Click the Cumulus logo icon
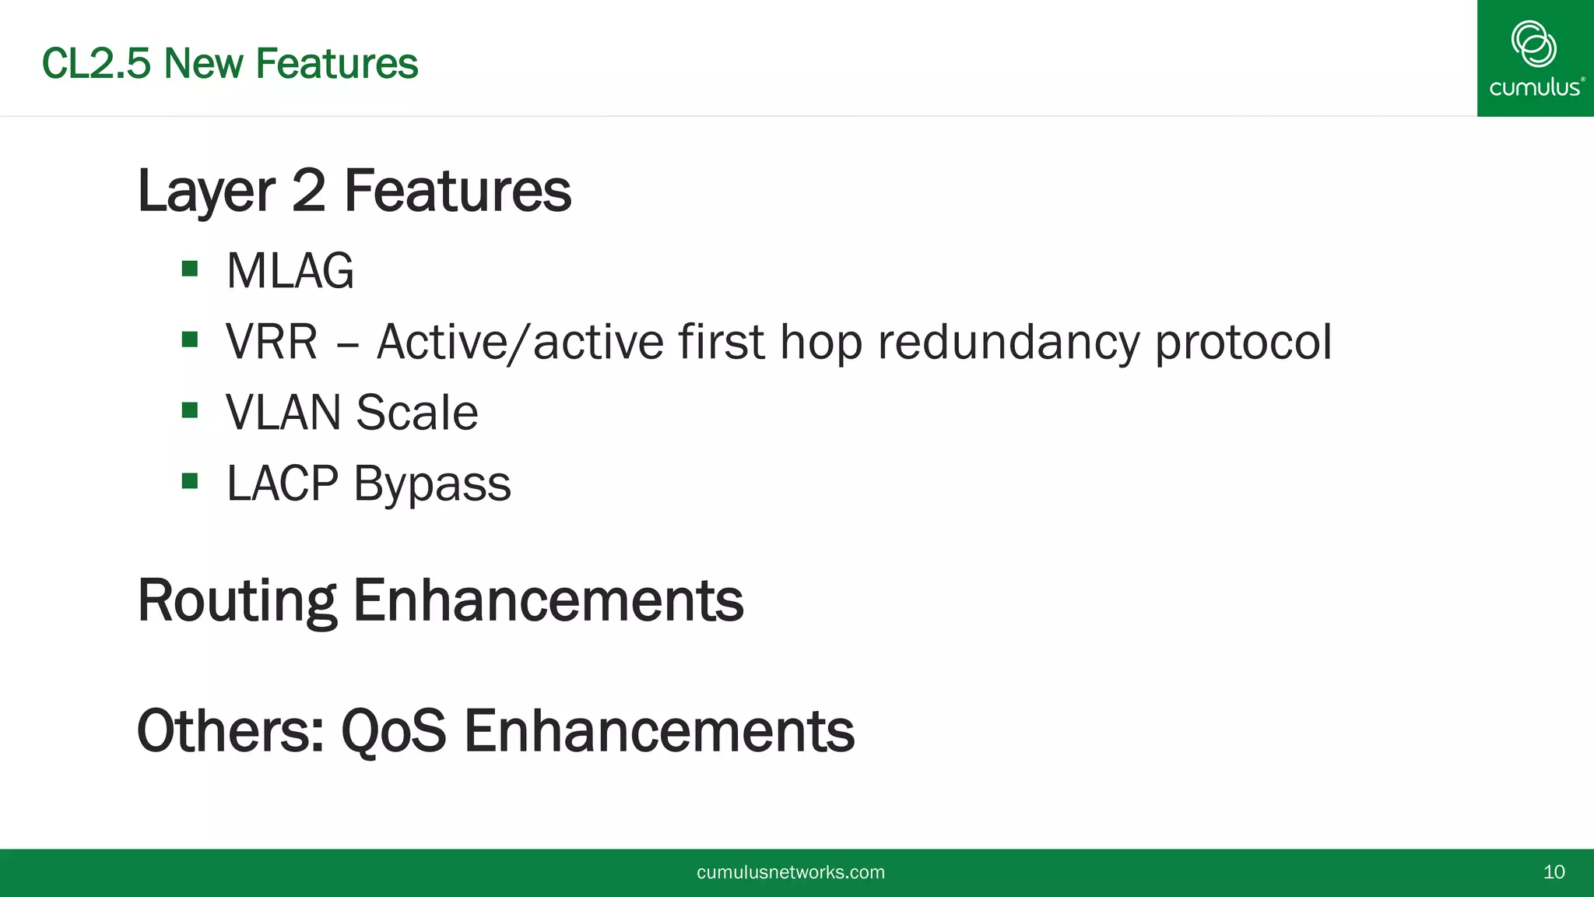tap(1533, 44)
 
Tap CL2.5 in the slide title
tap(96, 64)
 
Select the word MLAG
tap(290, 271)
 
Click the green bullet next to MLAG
tap(189, 269)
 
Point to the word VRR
tap(272, 342)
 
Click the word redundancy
tap(1008, 342)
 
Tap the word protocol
tap(1243, 342)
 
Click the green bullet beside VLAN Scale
tap(189, 410)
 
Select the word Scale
tap(416, 413)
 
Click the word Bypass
tap(432, 484)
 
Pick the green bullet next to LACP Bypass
tap(189, 481)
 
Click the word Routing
tap(237, 601)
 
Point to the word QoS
tap(394, 731)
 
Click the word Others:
tap(230, 731)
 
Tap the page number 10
tap(1554, 872)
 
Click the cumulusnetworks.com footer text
tap(790, 872)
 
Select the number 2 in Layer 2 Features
tap(308, 191)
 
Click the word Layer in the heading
tap(206, 191)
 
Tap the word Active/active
tap(520, 342)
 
